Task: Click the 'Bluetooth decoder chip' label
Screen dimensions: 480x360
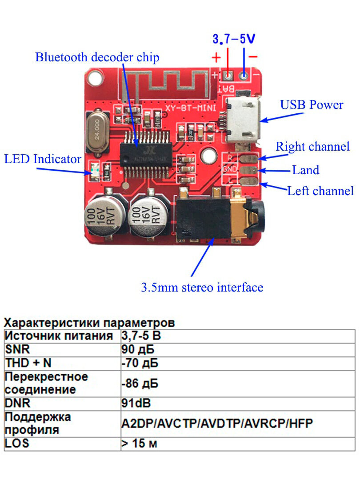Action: [x=97, y=57]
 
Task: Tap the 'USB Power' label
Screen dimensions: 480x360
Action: [x=312, y=105]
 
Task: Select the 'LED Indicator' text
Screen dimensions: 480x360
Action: [x=43, y=159]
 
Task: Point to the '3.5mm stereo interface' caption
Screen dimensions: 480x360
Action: [x=202, y=287]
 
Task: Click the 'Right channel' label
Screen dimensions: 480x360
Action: [x=312, y=147]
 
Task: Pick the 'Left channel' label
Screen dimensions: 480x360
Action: [x=320, y=191]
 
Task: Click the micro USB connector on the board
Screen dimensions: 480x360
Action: [x=243, y=119]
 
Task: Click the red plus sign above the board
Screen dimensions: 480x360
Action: [x=216, y=57]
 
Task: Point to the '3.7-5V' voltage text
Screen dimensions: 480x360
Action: [x=234, y=39]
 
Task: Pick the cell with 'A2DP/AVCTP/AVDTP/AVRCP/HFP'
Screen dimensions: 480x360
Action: [x=217, y=423]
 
